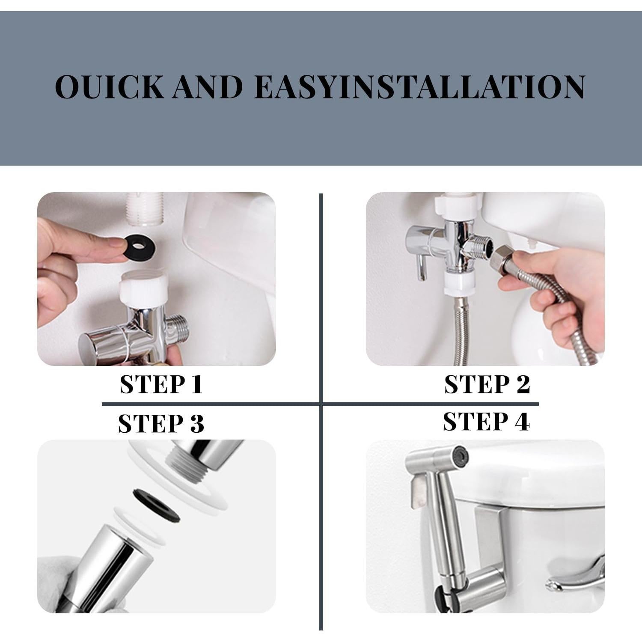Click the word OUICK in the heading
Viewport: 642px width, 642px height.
(110, 87)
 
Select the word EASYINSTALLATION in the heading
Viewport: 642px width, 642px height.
(419, 87)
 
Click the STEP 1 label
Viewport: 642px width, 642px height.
(161, 384)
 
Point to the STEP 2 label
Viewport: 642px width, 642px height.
(487, 384)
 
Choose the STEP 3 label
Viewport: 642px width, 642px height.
(161, 424)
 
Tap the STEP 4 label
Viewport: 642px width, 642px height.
(486, 422)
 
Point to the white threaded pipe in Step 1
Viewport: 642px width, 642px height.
(145, 208)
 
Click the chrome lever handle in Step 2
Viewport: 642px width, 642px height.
(422, 269)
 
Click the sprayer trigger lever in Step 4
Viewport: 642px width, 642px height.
(418, 492)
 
